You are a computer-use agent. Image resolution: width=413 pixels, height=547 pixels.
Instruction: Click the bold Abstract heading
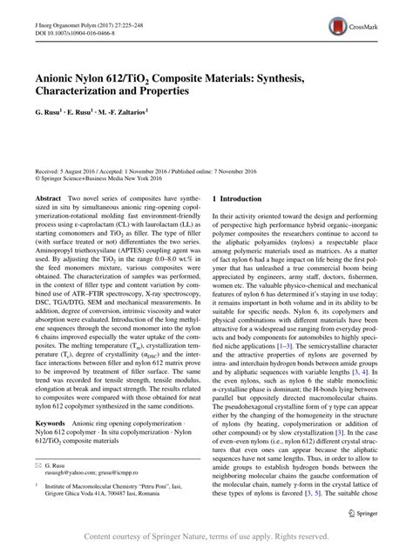click(47, 199)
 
